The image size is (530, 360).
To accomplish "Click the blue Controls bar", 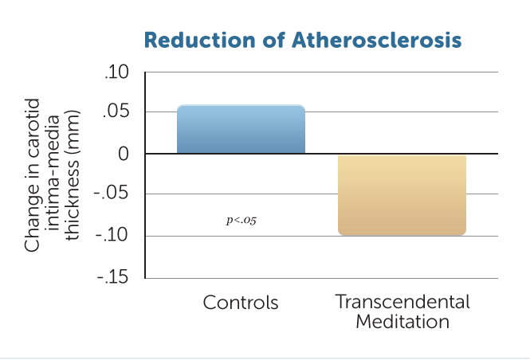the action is coord(241,129).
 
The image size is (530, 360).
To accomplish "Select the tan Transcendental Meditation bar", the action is coord(402,195).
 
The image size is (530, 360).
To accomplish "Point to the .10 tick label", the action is coord(116,72).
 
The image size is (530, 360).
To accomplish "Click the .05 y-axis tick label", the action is coord(116,112).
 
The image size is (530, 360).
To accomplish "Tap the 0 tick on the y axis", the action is coord(124,154).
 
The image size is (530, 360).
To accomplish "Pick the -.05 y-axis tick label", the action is coord(111,193).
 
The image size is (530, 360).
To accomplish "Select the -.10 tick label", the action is coord(112,235).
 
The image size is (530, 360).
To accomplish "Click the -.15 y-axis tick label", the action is coord(112,277).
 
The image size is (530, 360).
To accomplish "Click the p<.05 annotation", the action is coord(241,221).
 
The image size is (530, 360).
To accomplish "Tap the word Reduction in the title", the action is coord(199,40).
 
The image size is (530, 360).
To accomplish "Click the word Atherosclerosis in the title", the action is coord(376,40).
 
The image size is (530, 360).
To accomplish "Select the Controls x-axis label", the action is coord(241,302).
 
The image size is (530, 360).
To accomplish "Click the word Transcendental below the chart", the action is coord(402,302).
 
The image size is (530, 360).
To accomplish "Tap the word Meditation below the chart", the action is coord(402,322).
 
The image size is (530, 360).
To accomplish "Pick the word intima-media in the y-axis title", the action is coord(53,173).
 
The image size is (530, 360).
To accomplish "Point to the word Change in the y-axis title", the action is coord(32,217).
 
